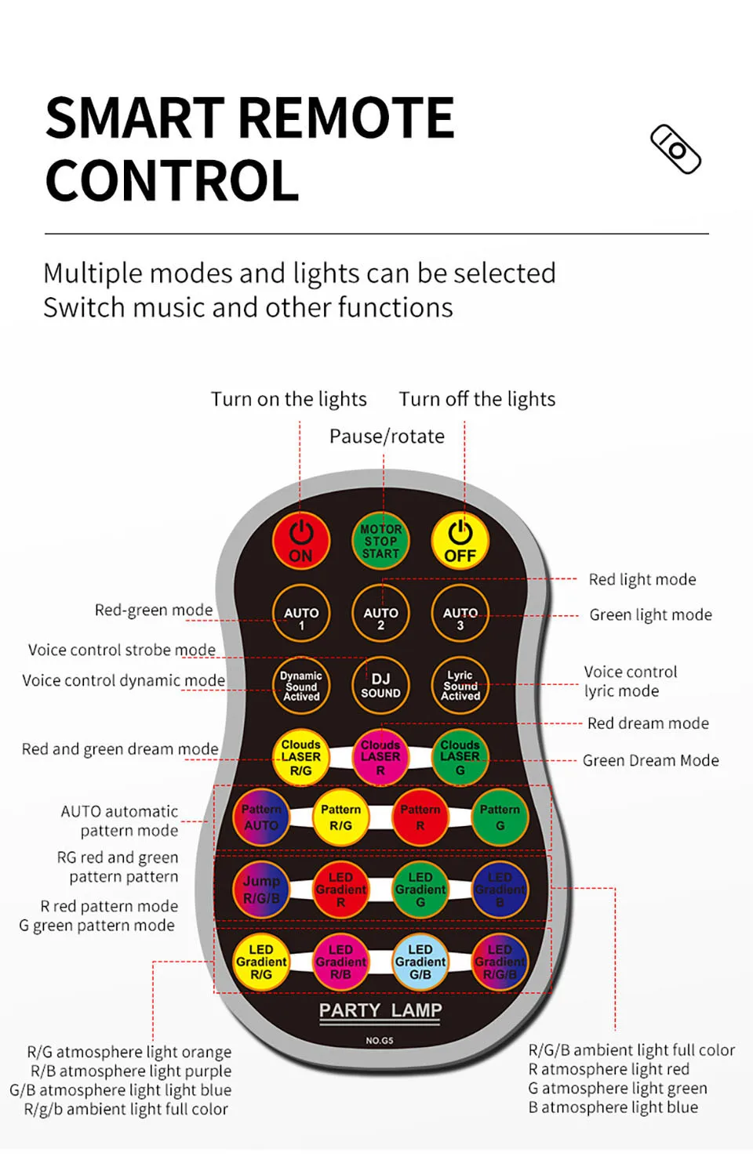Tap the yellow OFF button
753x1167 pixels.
[460, 542]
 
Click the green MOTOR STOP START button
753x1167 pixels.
[380, 542]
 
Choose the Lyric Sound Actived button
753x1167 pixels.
[460, 686]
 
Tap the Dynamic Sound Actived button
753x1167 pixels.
[301, 686]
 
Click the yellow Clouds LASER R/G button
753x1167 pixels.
[301, 757]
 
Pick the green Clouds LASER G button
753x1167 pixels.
[460, 757]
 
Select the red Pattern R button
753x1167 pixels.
[420, 817]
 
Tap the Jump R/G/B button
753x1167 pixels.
[261, 890]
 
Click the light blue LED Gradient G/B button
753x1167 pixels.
[420, 962]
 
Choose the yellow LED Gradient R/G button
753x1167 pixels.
[261, 962]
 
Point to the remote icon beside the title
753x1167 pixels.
[675, 149]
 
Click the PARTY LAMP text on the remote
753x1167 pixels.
[380, 1010]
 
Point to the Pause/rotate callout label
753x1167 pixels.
[387, 437]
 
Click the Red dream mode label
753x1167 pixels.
[648, 723]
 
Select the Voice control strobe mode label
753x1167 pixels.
[122, 650]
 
